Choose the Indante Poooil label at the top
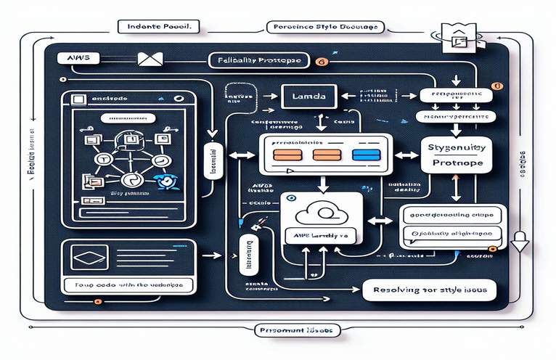click(159, 27)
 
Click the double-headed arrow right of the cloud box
click(379, 220)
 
